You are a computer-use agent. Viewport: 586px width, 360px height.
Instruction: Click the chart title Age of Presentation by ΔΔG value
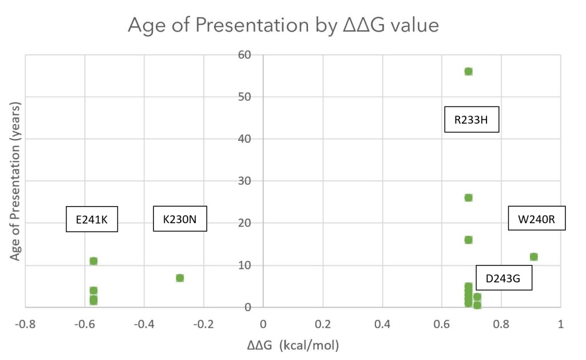tap(284, 25)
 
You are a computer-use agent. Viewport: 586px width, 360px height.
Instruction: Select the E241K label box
tap(92, 219)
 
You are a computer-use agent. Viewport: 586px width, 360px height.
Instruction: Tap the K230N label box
tap(180, 219)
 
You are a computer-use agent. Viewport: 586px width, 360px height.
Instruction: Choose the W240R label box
tap(537, 219)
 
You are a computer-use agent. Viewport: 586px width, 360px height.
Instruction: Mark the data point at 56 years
tap(468, 72)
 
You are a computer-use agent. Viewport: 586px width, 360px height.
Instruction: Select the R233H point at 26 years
tap(468, 198)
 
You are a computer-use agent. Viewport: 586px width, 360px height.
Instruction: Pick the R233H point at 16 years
tap(468, 240)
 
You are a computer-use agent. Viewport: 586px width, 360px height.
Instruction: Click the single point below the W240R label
tap(534, 257)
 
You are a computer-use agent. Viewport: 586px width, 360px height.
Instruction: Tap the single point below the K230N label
tap(180, 278)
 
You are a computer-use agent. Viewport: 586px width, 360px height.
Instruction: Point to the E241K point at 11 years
tap(93, 261)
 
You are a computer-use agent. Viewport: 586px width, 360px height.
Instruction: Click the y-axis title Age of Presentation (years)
tap(15, 181)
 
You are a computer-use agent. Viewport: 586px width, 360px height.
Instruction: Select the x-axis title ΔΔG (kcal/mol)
tap(293, 345)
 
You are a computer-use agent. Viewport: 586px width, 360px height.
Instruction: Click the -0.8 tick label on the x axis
tap(25, 324)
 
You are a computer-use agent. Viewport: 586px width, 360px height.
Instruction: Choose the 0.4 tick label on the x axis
tap(382, 324)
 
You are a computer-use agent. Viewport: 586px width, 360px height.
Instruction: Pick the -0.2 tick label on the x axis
tap(204, 324)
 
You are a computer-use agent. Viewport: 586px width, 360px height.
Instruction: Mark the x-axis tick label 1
tap(560, 324)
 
